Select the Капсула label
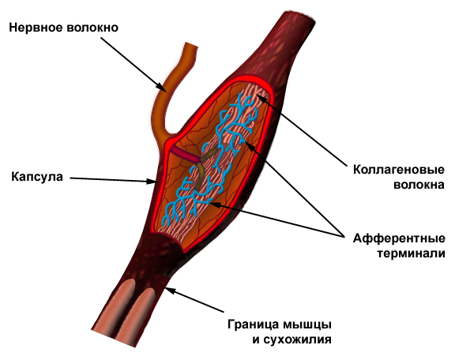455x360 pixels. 37,177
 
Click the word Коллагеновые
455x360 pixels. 399,170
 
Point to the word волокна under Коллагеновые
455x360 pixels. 419,185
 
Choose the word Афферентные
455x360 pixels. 399,238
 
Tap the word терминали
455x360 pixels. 412,253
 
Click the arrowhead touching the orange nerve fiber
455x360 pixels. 162,88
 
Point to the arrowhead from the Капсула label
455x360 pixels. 152,182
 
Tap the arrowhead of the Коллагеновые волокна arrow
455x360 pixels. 261,99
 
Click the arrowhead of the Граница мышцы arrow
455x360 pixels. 171,291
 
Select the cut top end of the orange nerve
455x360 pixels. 191,47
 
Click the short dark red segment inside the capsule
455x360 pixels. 186,155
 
